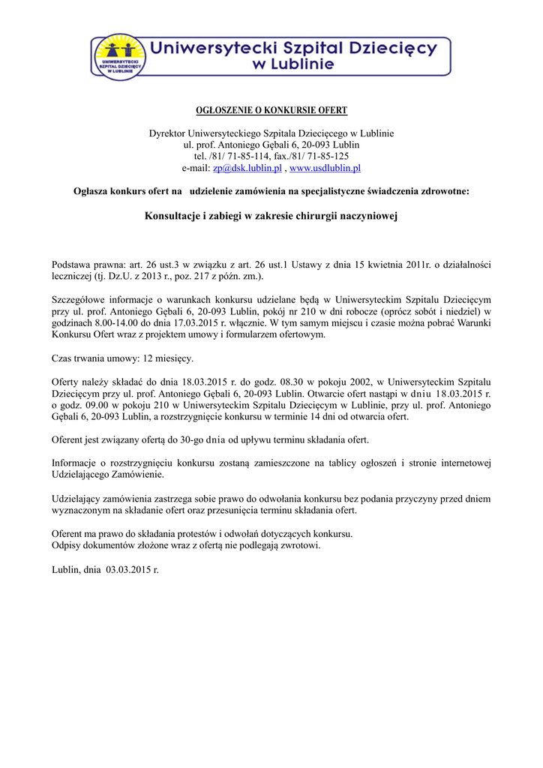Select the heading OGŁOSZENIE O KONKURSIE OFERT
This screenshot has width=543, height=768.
click(x=271, y=110)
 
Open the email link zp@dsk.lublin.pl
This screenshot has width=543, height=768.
click(x=236, y=168)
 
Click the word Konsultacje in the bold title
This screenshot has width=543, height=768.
click(x=174, y=217)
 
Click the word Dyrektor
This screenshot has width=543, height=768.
click(x=168, y=133)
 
